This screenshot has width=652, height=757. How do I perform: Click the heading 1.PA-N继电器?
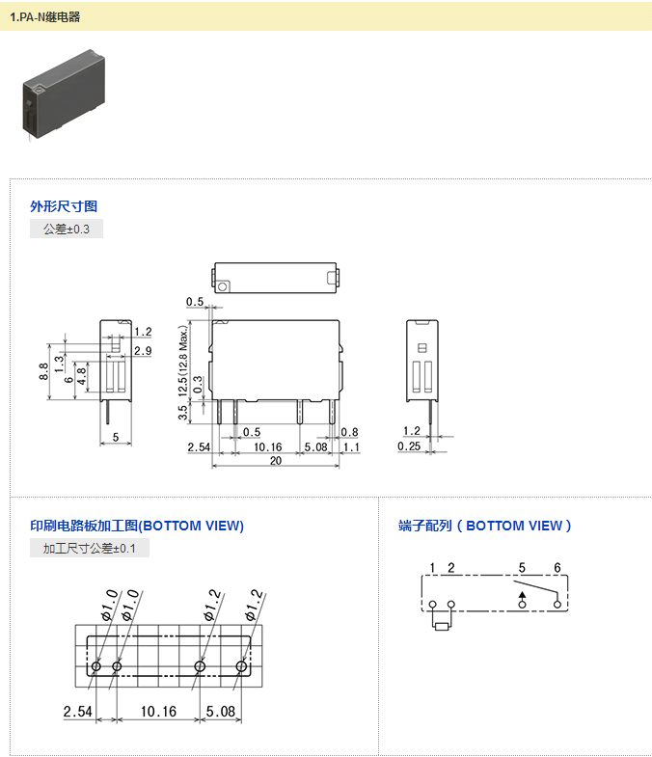[45, 16]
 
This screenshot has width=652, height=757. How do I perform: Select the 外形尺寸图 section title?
[64, 206]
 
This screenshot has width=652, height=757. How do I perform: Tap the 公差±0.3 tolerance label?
[66, 230]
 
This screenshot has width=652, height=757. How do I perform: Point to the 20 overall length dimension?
[276, 461]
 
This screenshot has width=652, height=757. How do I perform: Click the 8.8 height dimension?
[44, 371]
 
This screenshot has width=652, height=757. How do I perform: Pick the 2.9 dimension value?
[143, 349]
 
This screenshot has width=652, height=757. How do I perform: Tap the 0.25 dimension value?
[410, 446]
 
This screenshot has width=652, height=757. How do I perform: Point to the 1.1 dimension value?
[350, 446]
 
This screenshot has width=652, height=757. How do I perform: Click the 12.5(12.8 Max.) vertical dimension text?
[183, 359]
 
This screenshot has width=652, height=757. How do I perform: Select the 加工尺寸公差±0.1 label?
[90, 549]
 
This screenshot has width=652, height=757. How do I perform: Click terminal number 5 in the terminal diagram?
[522, 567]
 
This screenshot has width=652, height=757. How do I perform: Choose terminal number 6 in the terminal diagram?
[557, 567]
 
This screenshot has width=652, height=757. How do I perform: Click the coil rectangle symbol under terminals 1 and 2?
[442, 626]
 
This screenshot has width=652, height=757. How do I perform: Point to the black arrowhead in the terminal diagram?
[523, 597]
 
